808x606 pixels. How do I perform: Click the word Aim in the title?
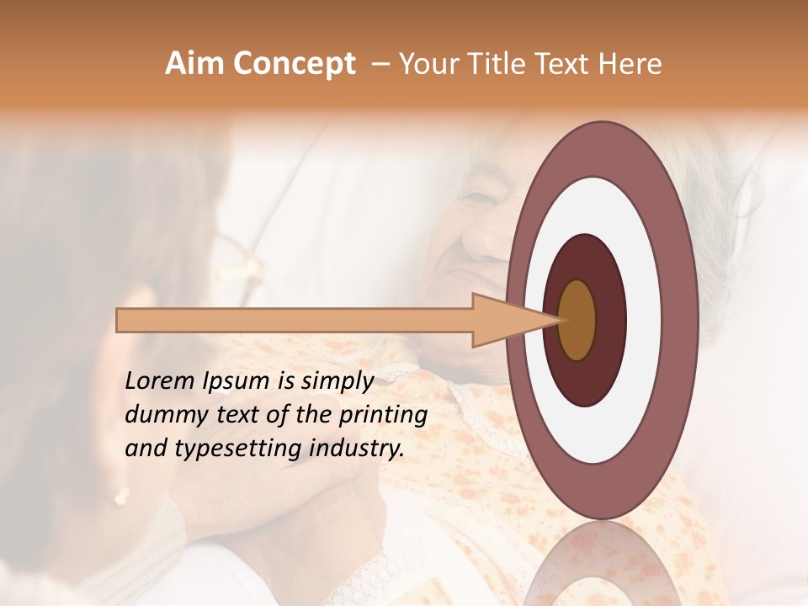(194, 64)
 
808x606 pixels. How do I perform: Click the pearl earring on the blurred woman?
(120, 496)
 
